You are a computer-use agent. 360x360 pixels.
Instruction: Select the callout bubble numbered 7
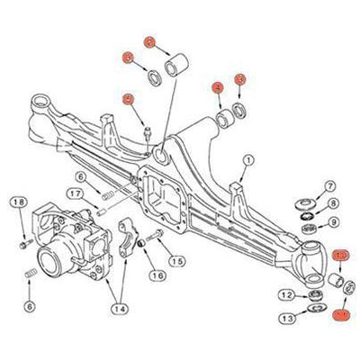pos(329,185)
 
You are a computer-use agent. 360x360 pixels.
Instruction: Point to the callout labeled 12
pos(285,294)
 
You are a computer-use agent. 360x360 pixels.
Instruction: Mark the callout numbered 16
pos(157,275)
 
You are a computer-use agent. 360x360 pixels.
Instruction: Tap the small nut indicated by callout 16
pos(142,244)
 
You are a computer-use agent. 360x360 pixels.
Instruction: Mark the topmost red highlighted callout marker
pos(150,41)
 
